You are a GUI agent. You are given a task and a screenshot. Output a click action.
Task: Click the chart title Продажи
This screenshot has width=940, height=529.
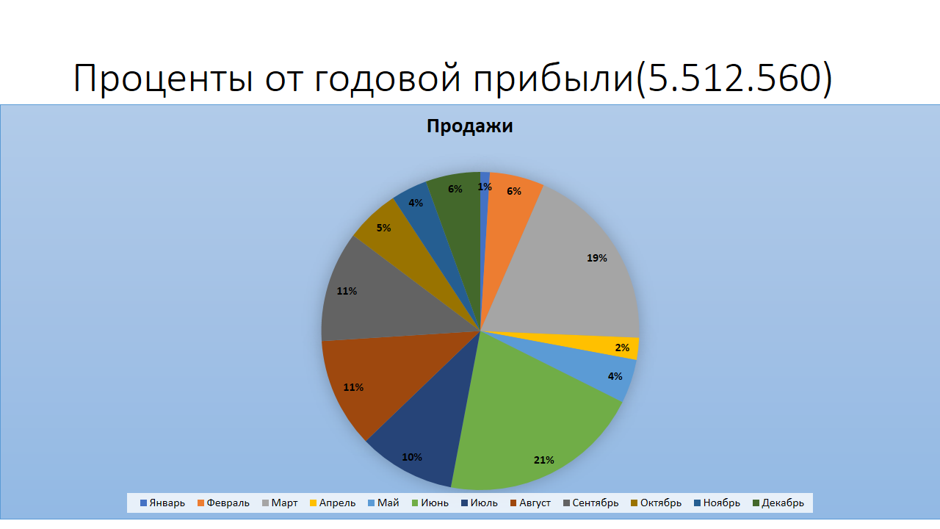click(469, 126)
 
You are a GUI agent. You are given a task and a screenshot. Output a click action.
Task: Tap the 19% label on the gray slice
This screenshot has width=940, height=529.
click(597, 258)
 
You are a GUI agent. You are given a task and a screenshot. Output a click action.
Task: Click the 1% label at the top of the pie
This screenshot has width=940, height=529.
click(484, 187)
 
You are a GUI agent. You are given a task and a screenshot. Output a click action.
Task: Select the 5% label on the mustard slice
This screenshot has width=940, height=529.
click(383, 228)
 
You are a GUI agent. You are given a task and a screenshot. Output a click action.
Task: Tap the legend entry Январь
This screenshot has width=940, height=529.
click(162, 503)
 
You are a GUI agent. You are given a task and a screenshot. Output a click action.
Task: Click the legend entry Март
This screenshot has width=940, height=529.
click(280, 503)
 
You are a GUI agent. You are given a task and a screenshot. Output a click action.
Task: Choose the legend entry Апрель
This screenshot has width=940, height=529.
click(333, 503)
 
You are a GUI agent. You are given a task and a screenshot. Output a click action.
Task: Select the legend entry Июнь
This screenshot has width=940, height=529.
click(430, 503)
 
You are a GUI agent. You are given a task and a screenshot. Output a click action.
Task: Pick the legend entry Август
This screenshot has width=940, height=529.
click(530, 503)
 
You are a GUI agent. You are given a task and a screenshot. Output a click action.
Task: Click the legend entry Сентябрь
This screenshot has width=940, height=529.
click(591, 503)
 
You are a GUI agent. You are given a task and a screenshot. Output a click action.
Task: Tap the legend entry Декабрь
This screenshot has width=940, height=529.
click(778, 503)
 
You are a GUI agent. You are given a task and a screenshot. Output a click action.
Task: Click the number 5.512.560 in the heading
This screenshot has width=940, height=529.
click(734, 78)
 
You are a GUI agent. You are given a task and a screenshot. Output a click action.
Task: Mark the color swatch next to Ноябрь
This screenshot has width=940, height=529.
click(698, 503)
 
